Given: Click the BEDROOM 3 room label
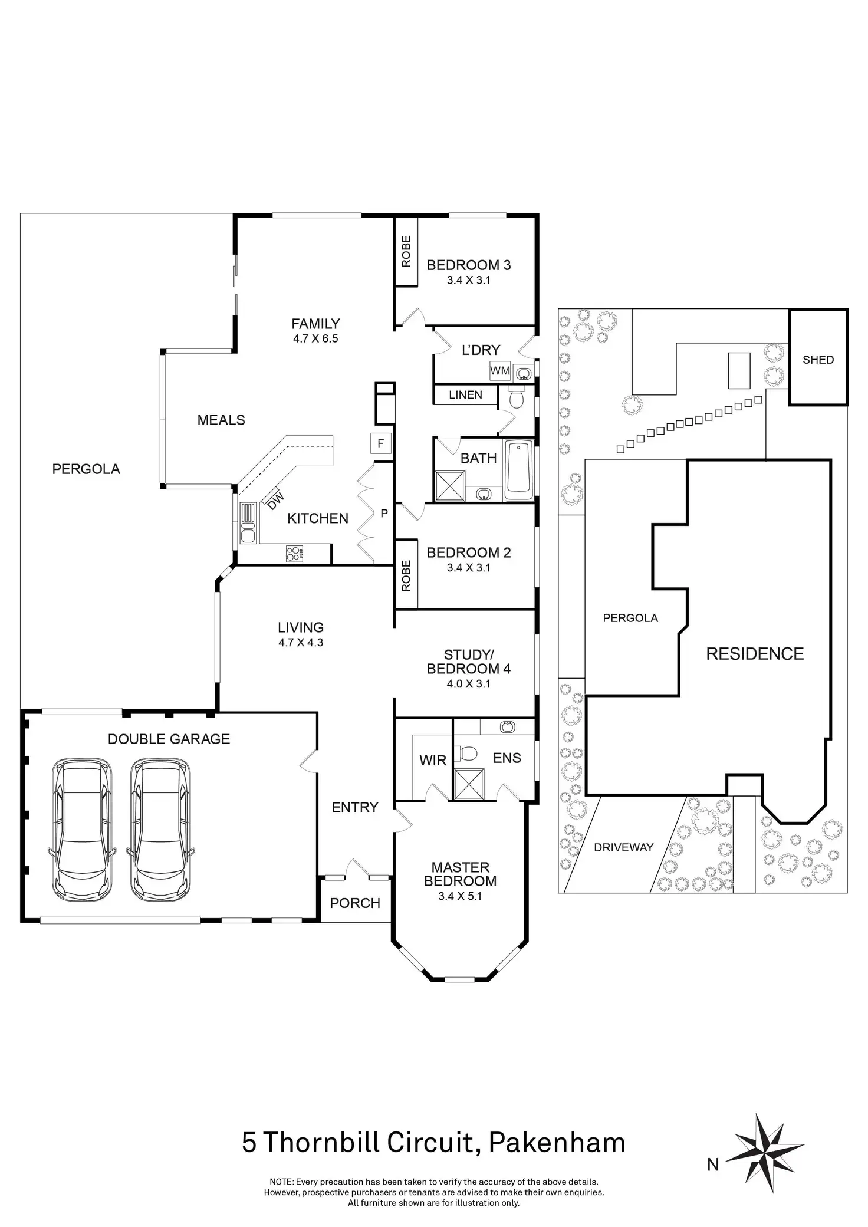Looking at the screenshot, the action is coord(468,265).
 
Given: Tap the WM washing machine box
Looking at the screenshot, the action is coord(500,371).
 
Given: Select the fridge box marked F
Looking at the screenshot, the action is coord(381,443).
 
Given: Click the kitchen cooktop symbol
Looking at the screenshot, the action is coord(294,553).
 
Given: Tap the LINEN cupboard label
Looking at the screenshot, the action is coord(465,395).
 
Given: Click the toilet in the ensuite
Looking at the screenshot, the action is coord(467,754).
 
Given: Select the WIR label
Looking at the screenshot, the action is coord(433,761).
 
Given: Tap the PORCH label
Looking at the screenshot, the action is coord(355,903).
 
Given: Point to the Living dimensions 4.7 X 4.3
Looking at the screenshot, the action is coord(301,643).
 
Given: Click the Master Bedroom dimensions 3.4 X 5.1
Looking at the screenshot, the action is coord(461,896).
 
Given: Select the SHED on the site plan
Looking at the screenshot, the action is coord(818,360).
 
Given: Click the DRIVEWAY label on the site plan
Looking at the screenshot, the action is coord(623,847).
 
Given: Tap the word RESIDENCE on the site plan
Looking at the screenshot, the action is coord(755,654).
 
